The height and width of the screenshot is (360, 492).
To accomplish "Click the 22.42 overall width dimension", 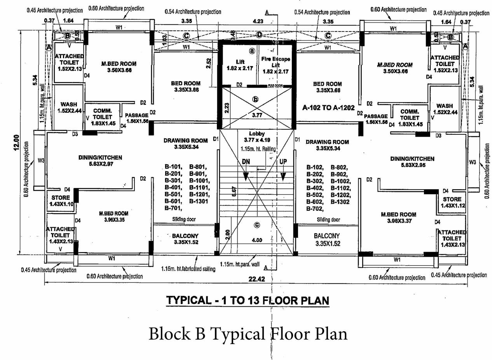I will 256,279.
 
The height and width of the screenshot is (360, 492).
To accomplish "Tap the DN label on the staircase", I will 246,161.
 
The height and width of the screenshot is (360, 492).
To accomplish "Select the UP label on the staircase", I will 283,161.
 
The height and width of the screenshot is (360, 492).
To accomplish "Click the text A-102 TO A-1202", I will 328,108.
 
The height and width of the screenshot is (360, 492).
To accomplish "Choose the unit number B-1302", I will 341,202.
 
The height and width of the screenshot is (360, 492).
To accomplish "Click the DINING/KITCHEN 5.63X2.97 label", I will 100,160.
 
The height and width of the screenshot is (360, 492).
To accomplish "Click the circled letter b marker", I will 256,99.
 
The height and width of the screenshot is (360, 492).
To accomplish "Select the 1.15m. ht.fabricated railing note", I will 188,268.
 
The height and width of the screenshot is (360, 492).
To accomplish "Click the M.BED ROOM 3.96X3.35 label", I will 113,216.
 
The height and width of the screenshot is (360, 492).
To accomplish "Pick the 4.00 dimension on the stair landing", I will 256,240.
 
